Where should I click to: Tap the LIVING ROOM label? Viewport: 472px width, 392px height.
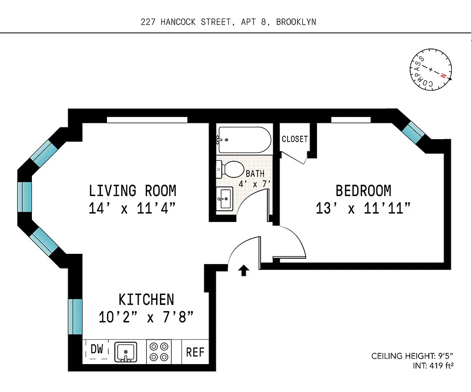tap(132, 190)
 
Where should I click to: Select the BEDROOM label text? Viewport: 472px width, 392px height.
tap(363, 190)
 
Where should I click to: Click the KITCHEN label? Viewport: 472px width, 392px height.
tap(146, 299)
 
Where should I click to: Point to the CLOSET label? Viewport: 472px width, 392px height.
tap(294, 139)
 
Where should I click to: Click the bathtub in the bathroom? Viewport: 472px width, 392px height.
tap(244, 140)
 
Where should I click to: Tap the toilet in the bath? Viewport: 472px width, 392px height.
tap(230, 170)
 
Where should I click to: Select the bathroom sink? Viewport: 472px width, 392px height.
tap(225, 199)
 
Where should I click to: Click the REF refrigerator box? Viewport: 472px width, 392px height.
tap(194, 352)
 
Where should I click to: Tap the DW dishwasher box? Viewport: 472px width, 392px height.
tap(97, 349)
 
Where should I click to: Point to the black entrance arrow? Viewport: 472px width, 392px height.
tap(243, 270)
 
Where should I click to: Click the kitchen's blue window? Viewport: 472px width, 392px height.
tap(75, 317)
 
